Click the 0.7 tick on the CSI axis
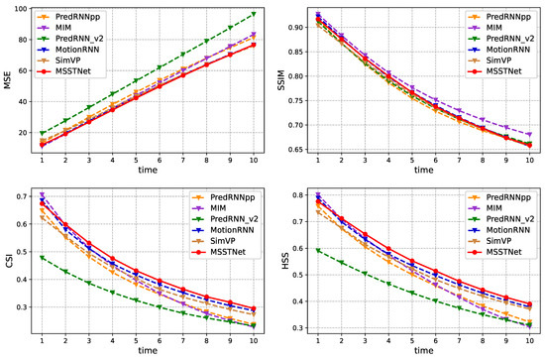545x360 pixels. (x=23, y=196)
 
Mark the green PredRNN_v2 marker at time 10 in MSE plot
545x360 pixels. (x=253, y=15)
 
